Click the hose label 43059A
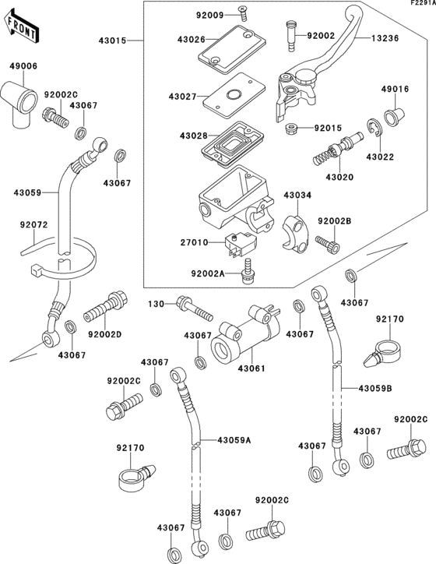pyautogui.click(x=234, y=440)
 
